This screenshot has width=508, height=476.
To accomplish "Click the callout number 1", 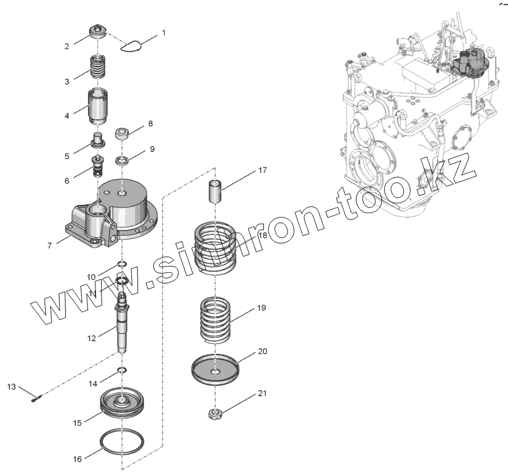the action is [164, 31].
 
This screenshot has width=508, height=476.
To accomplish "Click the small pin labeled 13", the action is [36, 396].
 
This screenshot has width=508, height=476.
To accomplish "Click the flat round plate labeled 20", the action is [217, 372].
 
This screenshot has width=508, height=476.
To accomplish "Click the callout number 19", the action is [261, 308].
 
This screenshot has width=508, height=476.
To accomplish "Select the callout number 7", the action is [50, 245].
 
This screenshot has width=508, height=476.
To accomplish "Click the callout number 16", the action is [77, 459].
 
